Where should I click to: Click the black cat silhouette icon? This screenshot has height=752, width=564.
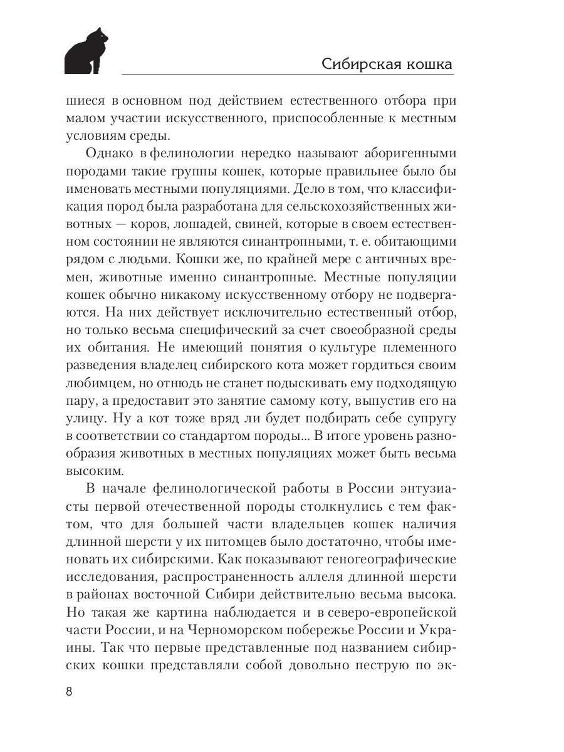click(86, 51)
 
